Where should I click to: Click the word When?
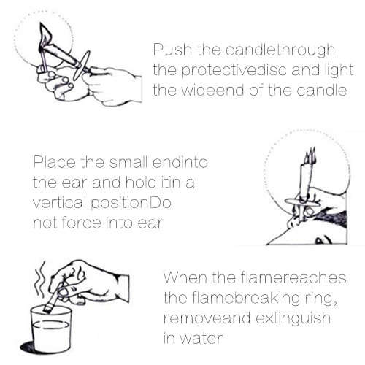tap(183, 280)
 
